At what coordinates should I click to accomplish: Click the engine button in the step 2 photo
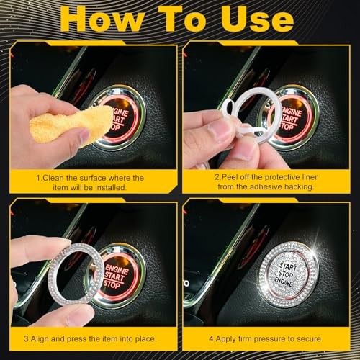tap(295, 114)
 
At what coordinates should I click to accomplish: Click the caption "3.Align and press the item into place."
tap(90, 338)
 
